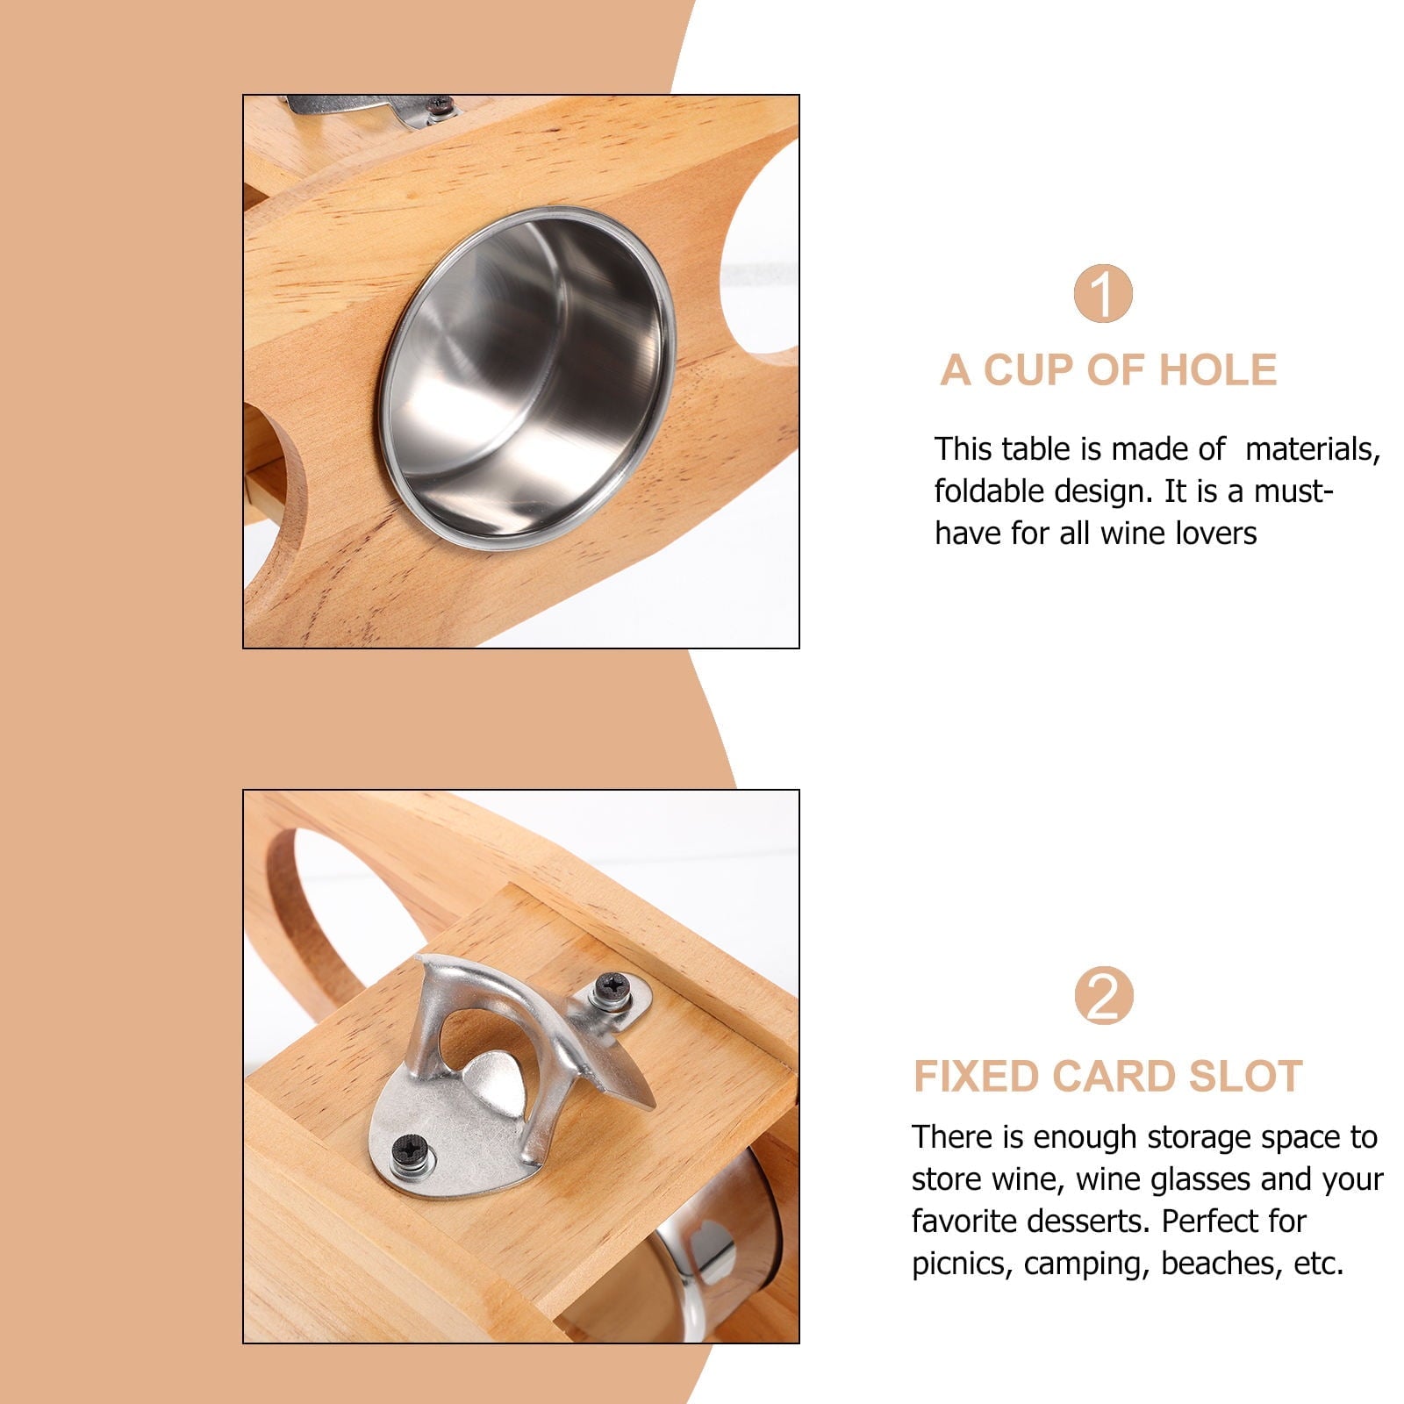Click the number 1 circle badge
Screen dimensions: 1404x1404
click(x=1103, y=293)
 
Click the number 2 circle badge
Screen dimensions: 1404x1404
click(x=1103, y=995)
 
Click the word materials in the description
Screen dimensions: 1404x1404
click(x=1313, y=450)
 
